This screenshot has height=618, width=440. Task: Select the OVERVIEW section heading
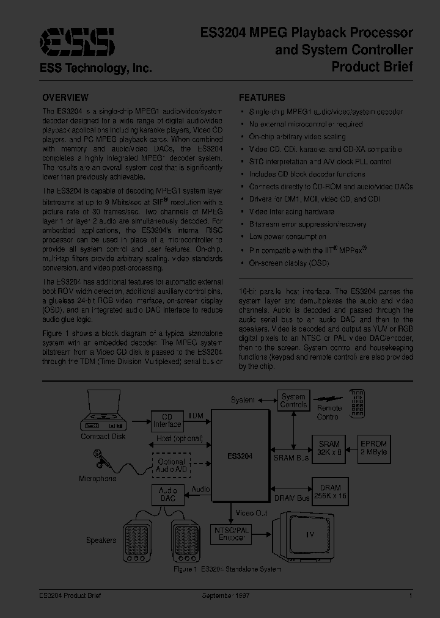pos(65,98)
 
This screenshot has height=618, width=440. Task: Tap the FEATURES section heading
pos(262,98)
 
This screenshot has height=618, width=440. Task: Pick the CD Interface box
pos(167,421)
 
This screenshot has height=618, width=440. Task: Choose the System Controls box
pos(294,401)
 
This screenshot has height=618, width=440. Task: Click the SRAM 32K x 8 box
pos(329,448)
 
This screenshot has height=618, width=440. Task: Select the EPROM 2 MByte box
pos(373,448)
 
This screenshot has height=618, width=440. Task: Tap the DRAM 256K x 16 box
pos(330,492)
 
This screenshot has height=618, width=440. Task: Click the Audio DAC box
pos(167,494)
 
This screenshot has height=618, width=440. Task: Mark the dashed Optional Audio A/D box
pos(170,466)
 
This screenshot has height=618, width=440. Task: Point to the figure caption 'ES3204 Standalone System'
pos(227,569)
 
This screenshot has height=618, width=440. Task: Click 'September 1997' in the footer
pos(226,595)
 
